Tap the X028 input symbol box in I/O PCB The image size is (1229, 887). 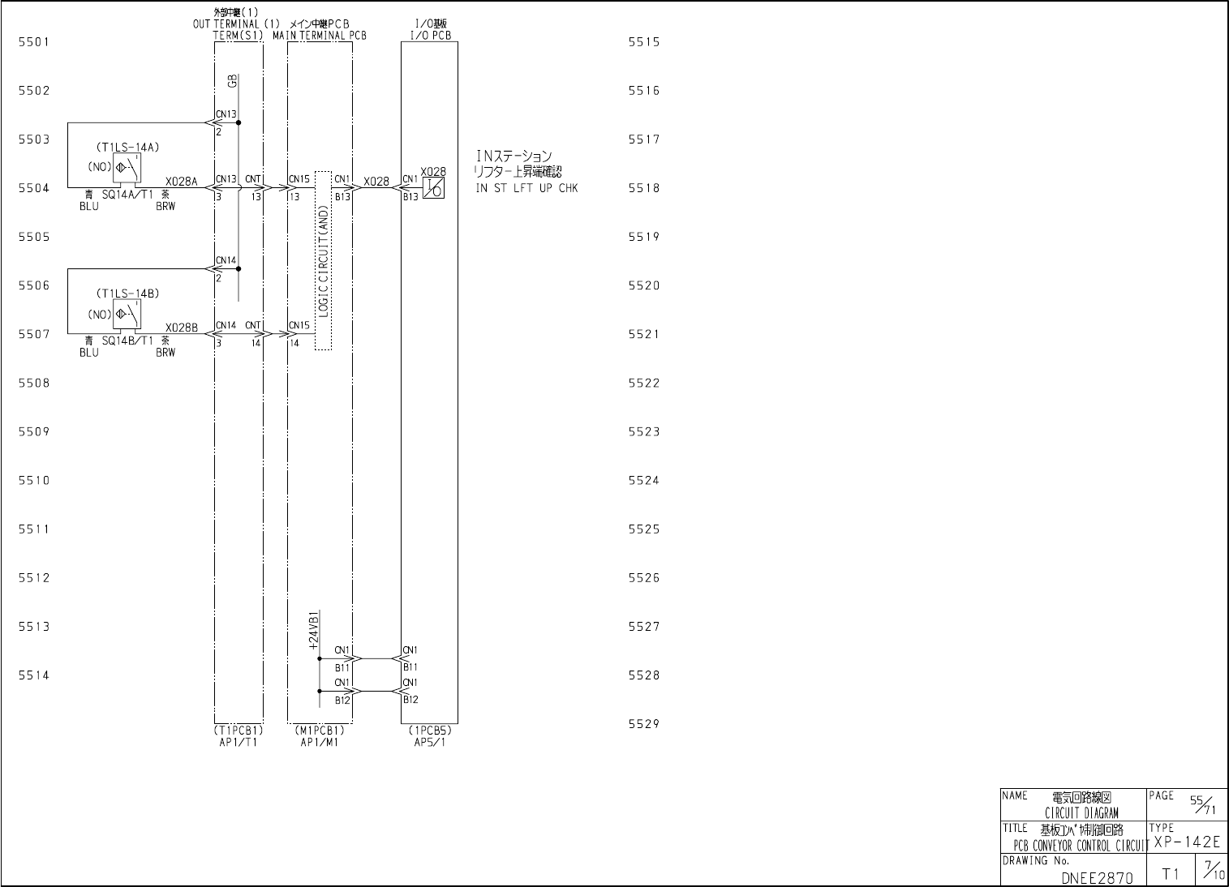[x=433, y=187]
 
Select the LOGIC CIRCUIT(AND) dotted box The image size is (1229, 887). [x=323, y=260]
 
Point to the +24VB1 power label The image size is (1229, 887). [x=314, y=630]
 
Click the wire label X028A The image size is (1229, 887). [x=182, y=182]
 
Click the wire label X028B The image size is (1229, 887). [x=182, y=328]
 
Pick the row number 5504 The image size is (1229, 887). [x=34, y=188]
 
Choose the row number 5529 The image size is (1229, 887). [x=644, y=724]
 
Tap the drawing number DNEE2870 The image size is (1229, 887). [x=1097, y=876]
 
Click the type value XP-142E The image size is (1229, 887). [x=1187, y=842]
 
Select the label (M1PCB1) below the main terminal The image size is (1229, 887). [x=320, y=730]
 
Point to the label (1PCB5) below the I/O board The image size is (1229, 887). [x=430, y=730]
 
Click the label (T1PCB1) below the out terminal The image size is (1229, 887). [x=238, y=730]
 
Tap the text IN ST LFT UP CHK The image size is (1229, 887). [x=527, y=189]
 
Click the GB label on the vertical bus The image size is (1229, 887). [x=232, y=81]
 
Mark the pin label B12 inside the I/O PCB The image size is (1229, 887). [x=410, y=700]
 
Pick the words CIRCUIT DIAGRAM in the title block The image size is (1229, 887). [x=1081, y=812]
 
